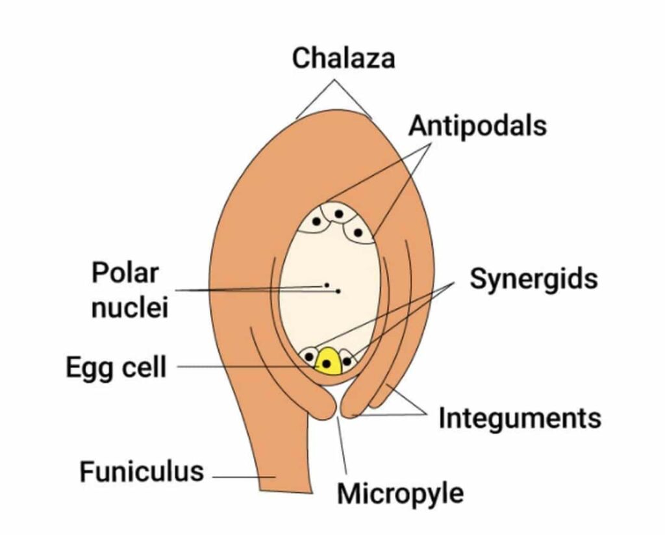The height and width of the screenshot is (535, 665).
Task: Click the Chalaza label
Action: (x=343, y=58)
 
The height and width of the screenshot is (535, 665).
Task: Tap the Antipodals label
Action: (x=477, y=125)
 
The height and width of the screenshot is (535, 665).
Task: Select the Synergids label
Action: (x=533, y=279)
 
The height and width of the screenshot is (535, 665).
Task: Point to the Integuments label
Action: (x=520, y=419)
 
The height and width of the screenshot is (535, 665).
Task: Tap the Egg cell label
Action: (x=116, y=367)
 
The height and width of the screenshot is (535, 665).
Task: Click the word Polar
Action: (x=125, y=273)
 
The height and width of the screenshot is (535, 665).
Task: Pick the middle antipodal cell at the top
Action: (x=338, y=212)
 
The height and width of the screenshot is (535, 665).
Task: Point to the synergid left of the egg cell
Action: (x=309, y=356)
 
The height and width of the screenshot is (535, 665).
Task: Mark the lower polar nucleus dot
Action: (x=338, y=292)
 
